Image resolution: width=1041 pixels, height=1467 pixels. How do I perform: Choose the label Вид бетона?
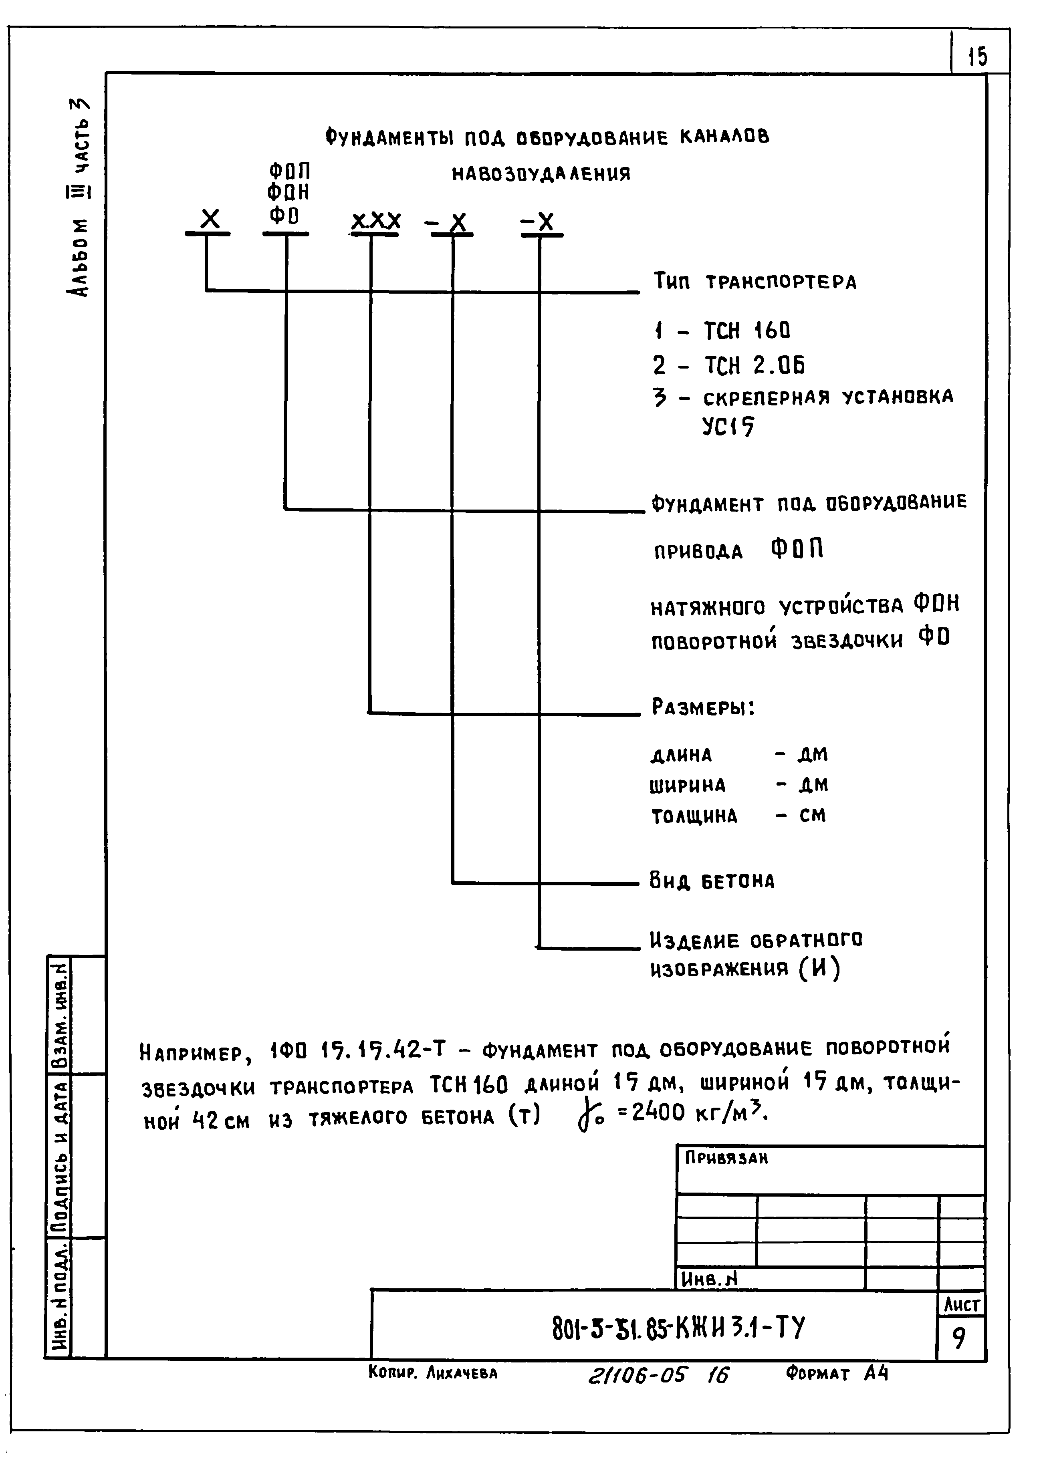712,881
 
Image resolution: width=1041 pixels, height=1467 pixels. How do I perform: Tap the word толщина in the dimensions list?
694,816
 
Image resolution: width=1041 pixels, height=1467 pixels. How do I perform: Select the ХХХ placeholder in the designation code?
376,221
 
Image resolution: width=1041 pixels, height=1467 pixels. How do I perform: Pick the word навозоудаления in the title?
542,174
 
